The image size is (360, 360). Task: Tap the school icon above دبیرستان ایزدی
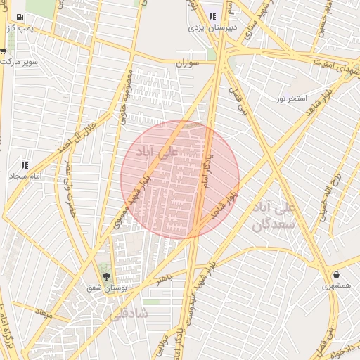[212, 16]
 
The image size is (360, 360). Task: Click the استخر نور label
[291, 98]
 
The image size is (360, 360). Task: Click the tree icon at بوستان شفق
[106, 276]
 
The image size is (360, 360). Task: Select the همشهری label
[336, 286]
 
